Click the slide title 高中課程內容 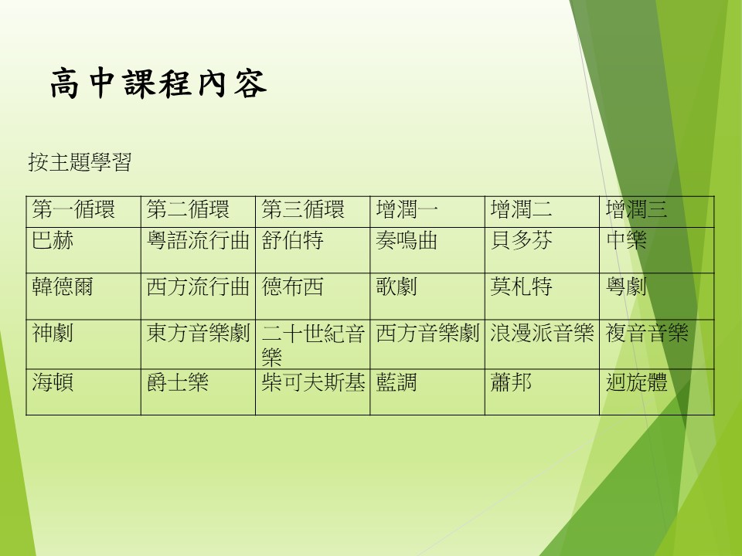(x=158, y=83)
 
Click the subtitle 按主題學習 (x=80, y=162)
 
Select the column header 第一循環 (x=73, y=209)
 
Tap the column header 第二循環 (x=188, y=209)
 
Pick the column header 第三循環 (x=303, y=209)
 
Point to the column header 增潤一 (x=407, y=209)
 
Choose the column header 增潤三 (x=636, y=209)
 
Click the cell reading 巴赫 (x=53, y=240)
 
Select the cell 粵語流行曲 (x=198, y=240)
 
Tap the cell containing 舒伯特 (x=292, y=240)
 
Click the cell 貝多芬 (x=521, y=240)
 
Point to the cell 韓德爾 (x=63, y=286)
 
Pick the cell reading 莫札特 (x=521, y=286)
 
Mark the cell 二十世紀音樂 (x=313, y=344)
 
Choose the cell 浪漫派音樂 (x=542, y=333)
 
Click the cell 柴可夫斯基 (x=313, y=382)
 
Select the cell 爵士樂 (x=178, y=382)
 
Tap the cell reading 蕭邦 (x=511, y=382)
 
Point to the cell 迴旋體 (x=636, y=382)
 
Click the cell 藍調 (x=397, y=382)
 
